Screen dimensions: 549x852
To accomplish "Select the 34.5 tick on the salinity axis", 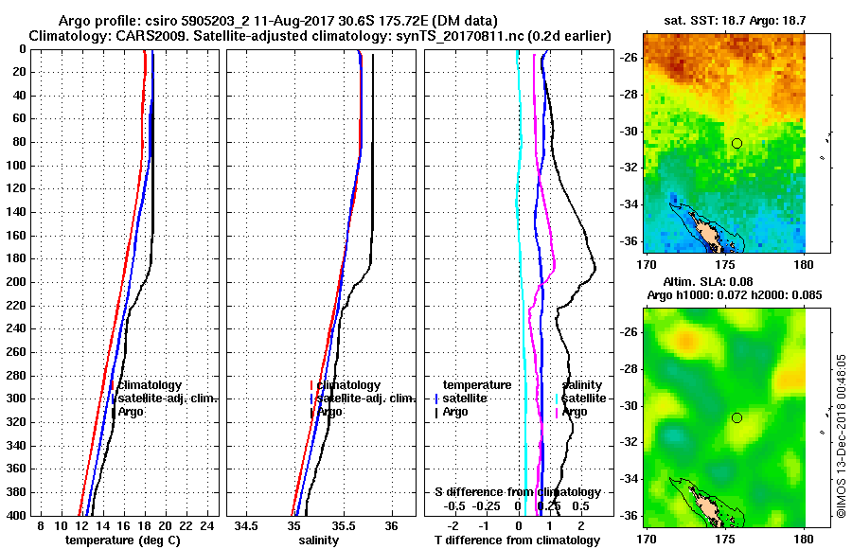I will click(x=248, y=525).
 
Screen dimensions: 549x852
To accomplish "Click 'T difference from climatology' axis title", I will click(x=517, y=540).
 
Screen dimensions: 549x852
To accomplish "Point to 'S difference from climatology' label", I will click(x=517, y=492).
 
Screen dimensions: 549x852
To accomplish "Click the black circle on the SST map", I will click(x=737, y=143).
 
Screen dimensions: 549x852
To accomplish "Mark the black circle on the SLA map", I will click(x=737, y=417).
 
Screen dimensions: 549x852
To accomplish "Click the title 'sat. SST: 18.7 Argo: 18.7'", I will click(x=723, y=20).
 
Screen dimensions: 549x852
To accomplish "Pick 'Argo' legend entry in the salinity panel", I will click(x=329, y=412).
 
